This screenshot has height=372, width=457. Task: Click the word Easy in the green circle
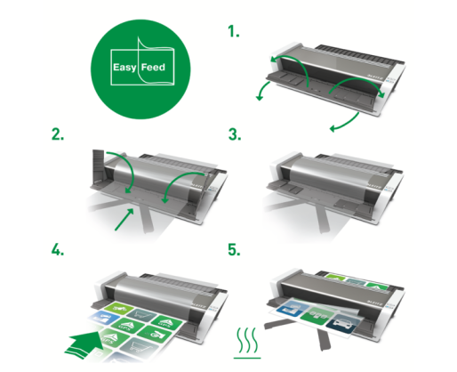(124, 68)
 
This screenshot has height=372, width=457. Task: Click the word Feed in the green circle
(153, 68)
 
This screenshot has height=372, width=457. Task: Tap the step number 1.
(234, 31)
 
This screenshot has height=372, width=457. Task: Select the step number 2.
(58, 134)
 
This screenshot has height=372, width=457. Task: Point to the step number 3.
(235, 134)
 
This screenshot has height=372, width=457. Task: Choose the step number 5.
(234, 249)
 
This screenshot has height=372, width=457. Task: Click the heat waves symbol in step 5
(247, 343)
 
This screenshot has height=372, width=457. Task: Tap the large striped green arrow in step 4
(85, 344)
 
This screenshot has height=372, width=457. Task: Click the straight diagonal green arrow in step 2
(124, 219)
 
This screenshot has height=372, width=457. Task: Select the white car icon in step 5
(343, 325)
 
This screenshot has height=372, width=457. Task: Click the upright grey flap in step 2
(98, 167)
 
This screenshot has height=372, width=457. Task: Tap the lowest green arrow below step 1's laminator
(344, 122)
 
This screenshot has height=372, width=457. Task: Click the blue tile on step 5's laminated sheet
(287, 307)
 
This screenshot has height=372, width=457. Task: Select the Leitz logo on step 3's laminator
(374, 186)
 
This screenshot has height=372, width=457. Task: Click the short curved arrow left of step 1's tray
(263, 91)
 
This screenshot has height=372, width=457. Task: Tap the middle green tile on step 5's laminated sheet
(316, 316)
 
